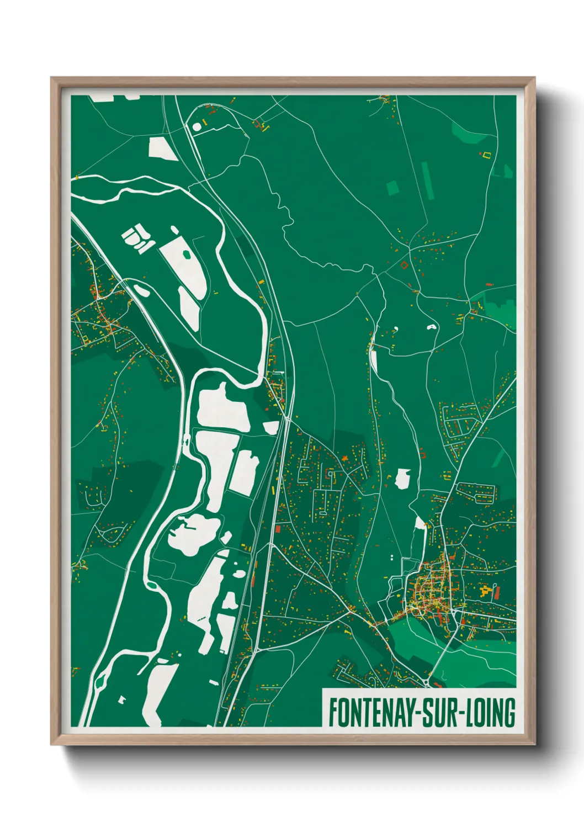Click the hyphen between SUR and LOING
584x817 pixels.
coord(463,714)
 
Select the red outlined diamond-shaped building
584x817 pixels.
coord(404,265)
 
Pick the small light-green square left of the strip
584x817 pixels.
coord(392,188)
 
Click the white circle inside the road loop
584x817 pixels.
coord(197,127)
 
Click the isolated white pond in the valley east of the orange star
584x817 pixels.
coord(403,479)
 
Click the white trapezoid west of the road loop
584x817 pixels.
coord(162,148)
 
